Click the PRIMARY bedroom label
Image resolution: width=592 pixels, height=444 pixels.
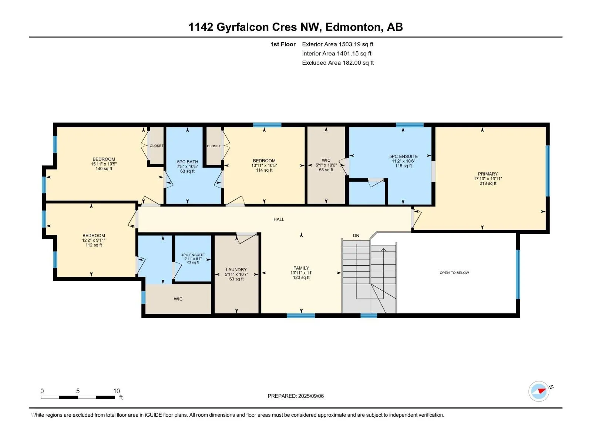[x=488, y=174]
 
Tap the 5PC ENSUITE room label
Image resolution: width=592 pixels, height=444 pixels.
[x=403, y=157]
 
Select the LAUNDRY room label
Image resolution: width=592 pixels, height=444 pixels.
[x=236, y=270]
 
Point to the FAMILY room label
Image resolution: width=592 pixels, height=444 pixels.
[x=301, y=268]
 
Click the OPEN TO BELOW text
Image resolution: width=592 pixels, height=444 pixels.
[x=454, y=273]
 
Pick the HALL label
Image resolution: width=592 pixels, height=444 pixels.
[x=279, y=219]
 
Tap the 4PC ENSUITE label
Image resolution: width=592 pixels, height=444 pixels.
[x=193, y=255]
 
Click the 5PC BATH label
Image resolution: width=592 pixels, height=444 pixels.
[x=188, y=162]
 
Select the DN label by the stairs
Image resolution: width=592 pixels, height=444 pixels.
[x=356, y=236]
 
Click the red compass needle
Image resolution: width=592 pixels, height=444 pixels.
[x=542, y=391]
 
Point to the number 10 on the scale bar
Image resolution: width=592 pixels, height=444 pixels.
[x=116, y=391]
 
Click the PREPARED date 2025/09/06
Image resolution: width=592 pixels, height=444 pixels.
[x=311, y=396]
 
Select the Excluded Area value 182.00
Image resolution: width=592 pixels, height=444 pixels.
[x=351, y=63]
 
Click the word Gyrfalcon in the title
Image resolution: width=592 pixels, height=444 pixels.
[x=242, y=27]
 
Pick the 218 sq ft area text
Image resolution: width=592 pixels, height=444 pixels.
[x=488, y=184]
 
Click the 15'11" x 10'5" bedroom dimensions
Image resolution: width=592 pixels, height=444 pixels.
[x=104, y=164]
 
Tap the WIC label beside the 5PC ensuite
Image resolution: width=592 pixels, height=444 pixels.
[x=326, y=161]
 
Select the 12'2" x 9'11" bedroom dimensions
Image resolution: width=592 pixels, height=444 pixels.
[x=94, y=240]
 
